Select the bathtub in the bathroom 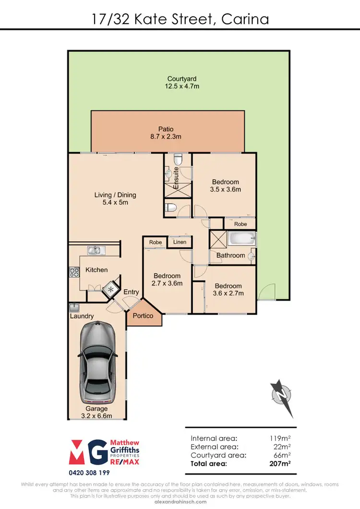[x=241, y=239]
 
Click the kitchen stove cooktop [x=74, y=272]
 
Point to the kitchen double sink [x=94, y=250]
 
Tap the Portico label [x=143, y=316]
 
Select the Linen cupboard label [x=180, y=243]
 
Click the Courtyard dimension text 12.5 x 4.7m [x=181, y=87]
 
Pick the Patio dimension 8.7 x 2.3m [x=166, y=137]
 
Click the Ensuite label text [x=176, y=177]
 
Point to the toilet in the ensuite [x=177, y=159]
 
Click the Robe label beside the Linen [x=156, y=243]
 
